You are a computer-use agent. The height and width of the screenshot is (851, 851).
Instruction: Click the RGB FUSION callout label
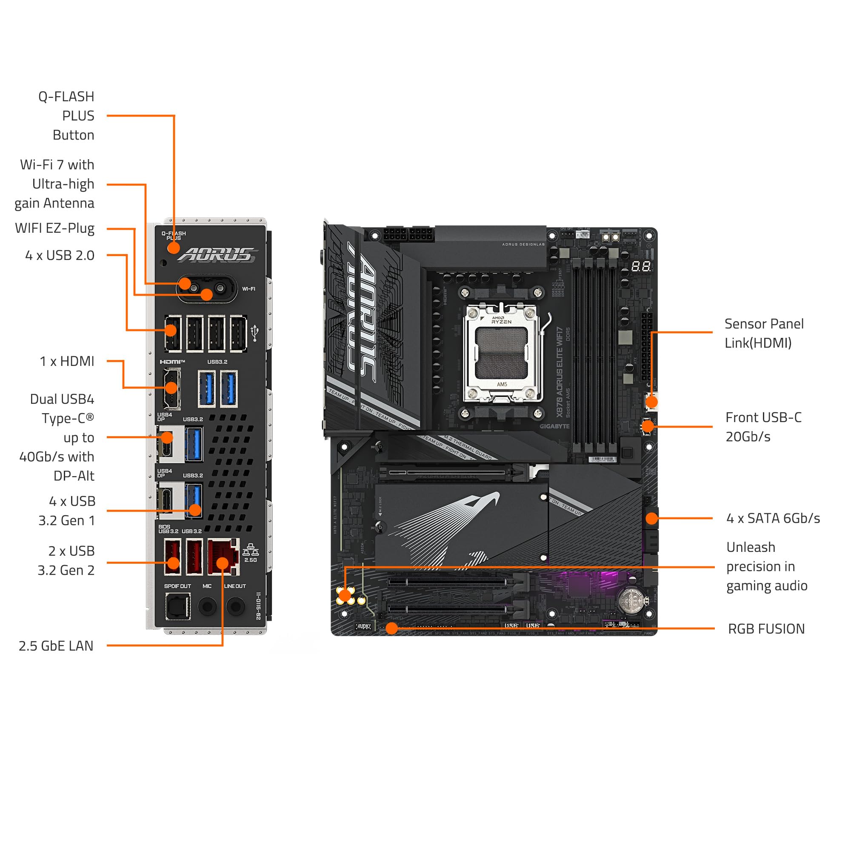[x=766, y=628]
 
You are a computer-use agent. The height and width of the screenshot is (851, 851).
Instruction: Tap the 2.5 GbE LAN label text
[x=56, y=646]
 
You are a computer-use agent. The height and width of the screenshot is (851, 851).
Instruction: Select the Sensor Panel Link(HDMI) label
[x=764, y=334]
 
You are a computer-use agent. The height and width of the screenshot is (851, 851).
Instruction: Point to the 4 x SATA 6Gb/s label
[x=773, y=518]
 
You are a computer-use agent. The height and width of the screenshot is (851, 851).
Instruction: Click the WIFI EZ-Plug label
[x=54, y=228]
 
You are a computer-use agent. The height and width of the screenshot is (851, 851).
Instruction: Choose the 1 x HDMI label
[x=67, y=361]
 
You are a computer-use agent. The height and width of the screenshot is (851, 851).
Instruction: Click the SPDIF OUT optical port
[x=178, y=606]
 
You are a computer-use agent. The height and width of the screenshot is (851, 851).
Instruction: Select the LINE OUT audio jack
[x=236, y=606]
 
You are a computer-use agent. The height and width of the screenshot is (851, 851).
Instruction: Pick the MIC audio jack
[x=207, y=606]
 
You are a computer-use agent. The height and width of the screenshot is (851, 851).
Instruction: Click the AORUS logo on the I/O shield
[x=218, y=254]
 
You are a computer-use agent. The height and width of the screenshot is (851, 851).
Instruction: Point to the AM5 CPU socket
[x=502, y=352]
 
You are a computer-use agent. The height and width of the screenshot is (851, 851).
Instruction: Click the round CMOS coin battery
[x=631, y=600]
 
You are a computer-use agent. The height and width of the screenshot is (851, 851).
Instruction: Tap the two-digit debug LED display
[x=640, y=266]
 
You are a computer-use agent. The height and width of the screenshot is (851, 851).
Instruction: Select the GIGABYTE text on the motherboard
[x=554, y=426]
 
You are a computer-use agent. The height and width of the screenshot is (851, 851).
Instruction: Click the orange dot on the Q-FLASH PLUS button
[x=174, y=248]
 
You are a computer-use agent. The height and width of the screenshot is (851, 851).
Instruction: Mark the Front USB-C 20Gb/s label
[x=763, y=427]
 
